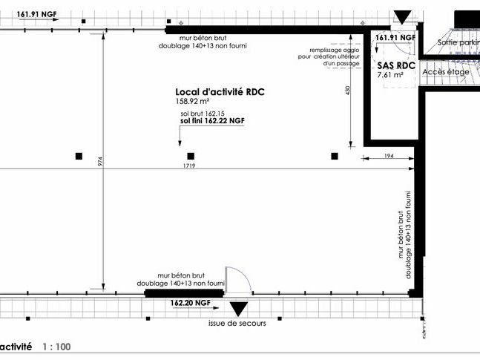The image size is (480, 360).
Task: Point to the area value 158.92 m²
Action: (x=193, y=102)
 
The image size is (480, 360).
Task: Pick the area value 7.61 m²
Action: (x=390, y=75)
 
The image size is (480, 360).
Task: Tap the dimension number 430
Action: (x=346, y=90)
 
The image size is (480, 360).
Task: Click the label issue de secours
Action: (x=238, y=324)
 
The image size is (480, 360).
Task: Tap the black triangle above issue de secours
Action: (x=238, y=309)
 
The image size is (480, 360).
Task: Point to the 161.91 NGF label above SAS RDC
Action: (x=395, y=37)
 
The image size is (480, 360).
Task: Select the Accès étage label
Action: (x=445, y=72)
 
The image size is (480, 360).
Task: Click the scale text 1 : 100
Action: (x=56, y=347)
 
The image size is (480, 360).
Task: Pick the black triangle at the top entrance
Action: (x=402, y=16)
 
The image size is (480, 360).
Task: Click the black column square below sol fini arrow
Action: (x=191, y=156)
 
